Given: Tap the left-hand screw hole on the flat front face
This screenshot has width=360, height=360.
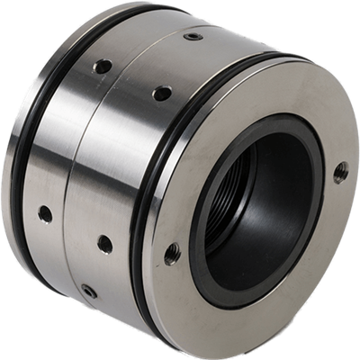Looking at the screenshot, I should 172,254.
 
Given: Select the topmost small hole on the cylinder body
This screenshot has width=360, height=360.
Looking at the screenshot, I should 193,37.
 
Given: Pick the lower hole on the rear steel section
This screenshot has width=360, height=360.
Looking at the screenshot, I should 44,213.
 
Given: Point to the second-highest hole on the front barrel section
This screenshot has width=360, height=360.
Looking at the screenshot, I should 162,92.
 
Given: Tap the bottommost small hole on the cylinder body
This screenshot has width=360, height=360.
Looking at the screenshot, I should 88,290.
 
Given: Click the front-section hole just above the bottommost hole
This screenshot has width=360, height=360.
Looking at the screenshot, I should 105,243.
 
